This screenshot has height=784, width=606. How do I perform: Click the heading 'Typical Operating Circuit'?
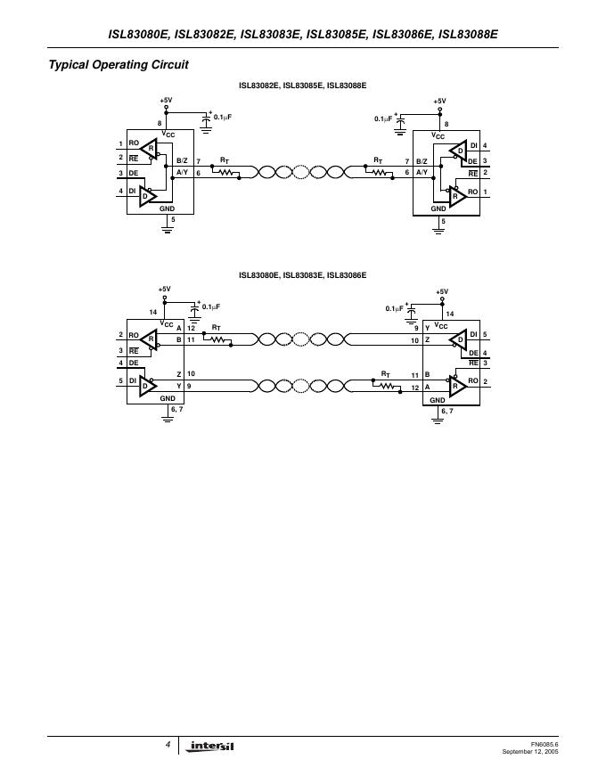point(119,65)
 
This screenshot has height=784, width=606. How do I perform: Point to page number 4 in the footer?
point(168,743)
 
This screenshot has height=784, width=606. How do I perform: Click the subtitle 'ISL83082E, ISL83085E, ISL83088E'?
point(303,86)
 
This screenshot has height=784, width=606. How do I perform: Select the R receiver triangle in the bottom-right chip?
point(458,386)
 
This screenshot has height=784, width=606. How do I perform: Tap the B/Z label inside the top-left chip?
point(182,159)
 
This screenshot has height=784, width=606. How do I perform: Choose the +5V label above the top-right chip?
point(439,102)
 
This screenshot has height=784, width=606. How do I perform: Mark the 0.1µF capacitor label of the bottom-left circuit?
point(210,306)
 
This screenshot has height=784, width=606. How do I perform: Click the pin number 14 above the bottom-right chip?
point(449,314)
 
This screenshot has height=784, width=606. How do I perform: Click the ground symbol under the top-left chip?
point(167,228)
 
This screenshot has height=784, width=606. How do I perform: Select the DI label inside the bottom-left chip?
point(134,381)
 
